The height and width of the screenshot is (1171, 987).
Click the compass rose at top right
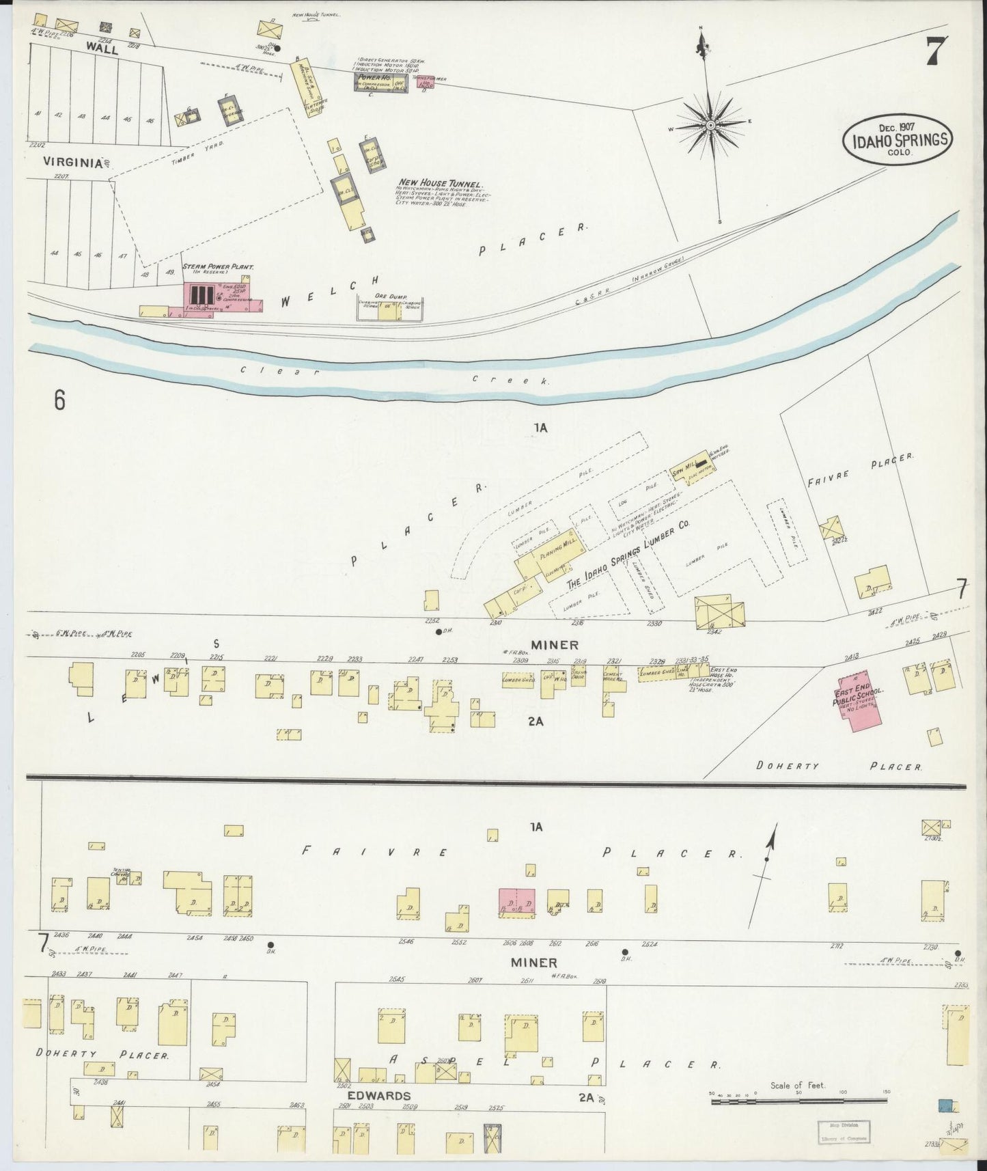(x=710, y=126)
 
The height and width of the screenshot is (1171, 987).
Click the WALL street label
(x=102, y=49)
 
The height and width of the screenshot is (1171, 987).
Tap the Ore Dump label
(x=389, y=297)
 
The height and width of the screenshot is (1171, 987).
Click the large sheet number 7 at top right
(x=934, y=52)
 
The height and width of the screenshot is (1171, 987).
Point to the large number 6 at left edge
(x=59, y=400)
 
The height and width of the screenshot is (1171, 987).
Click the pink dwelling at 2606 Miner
(x=517, y=901)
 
